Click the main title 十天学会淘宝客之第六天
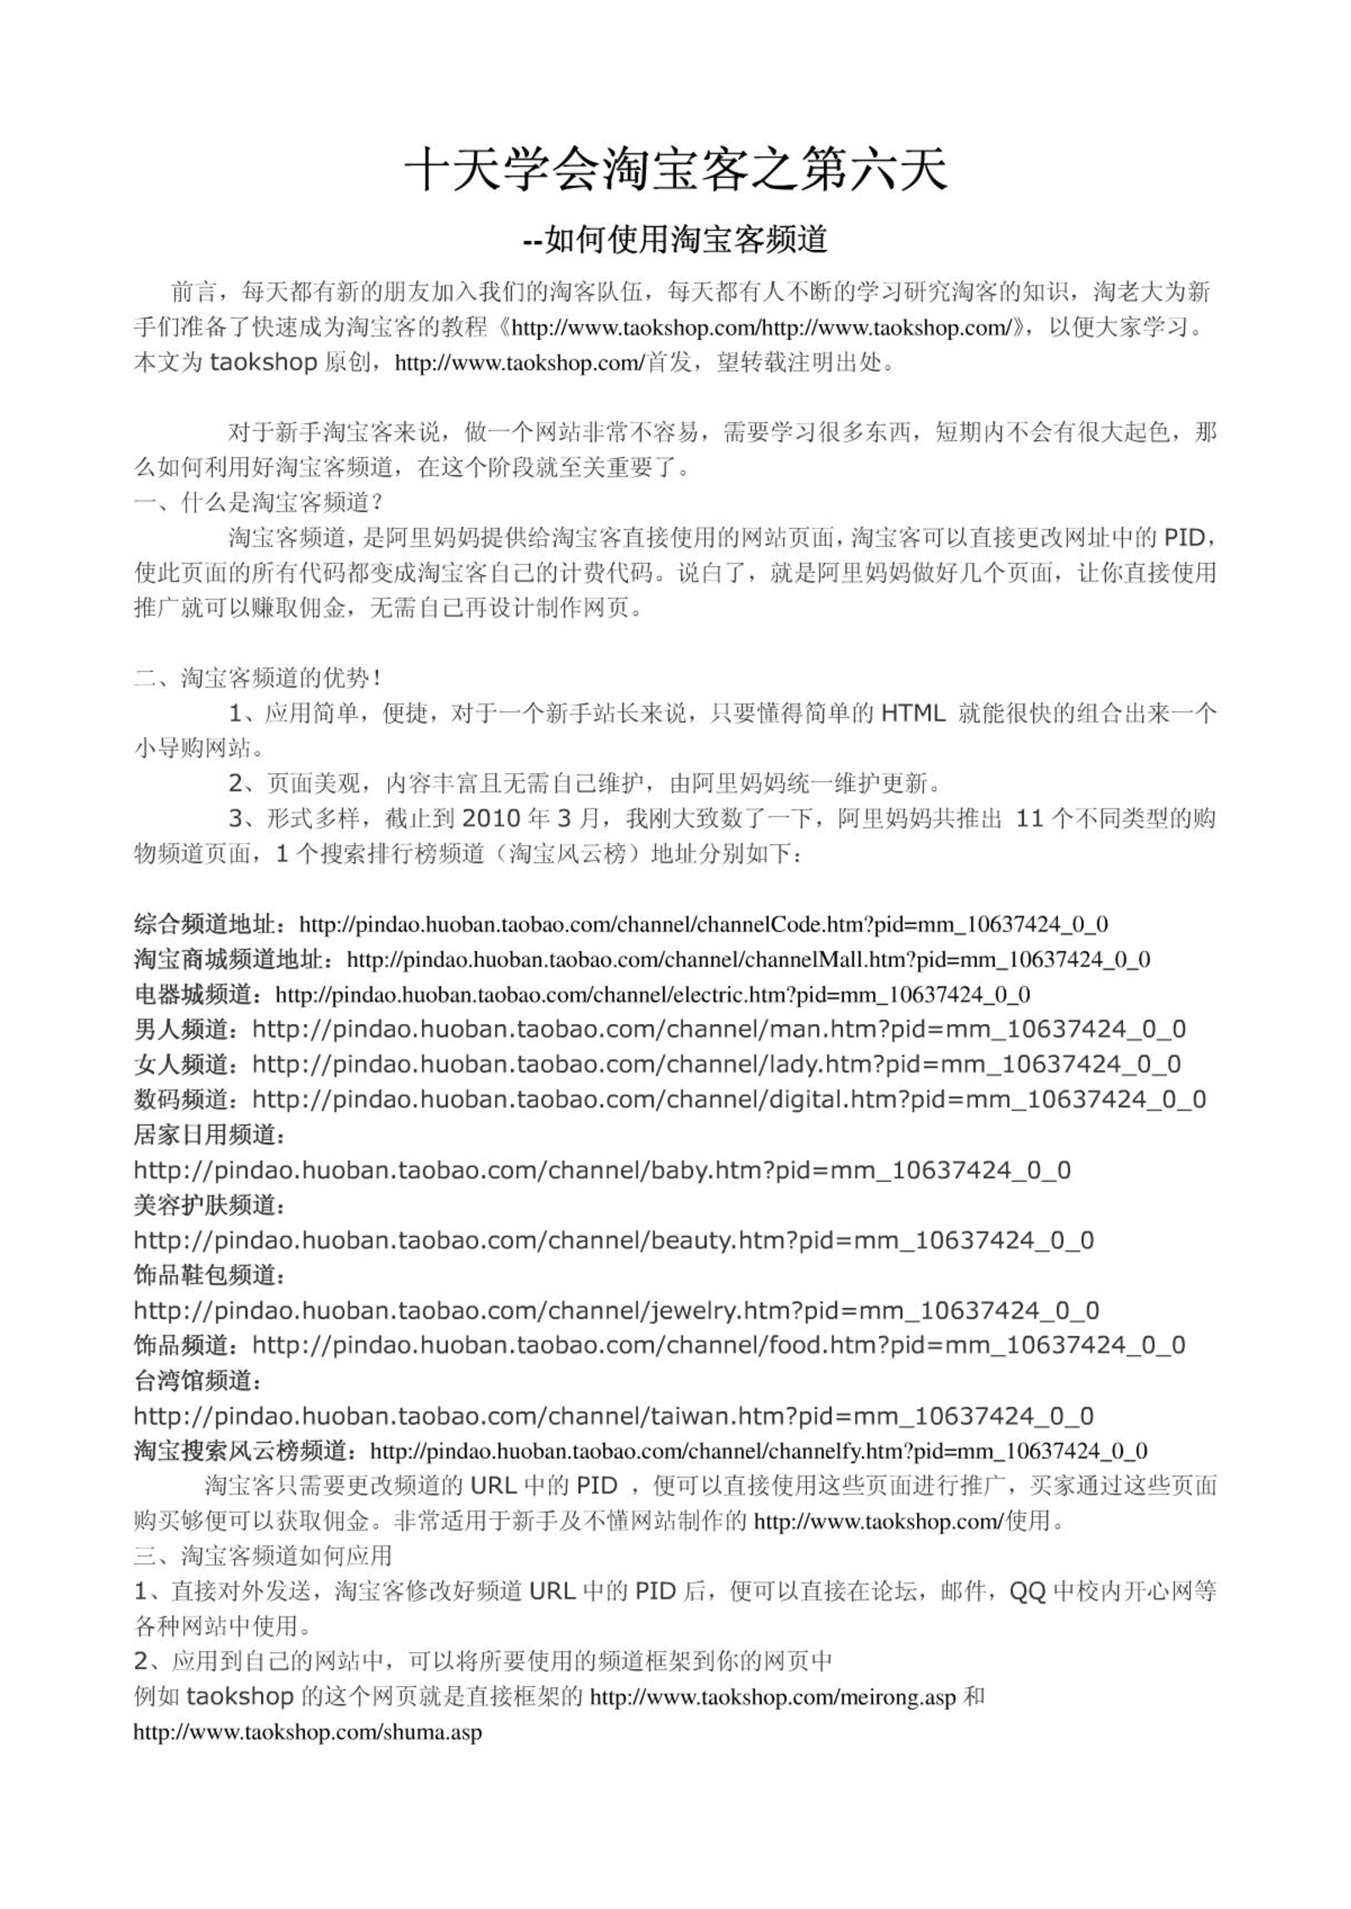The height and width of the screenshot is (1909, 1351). tap(675, 170)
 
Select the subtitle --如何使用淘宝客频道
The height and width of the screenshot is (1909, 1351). tap(675, 240)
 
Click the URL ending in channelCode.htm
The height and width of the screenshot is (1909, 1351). tap(703, 924)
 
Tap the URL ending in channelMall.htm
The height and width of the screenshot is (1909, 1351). tap(748, 960)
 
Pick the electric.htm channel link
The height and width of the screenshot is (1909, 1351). tap(653, 994)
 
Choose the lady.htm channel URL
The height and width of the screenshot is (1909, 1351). tap(716, 1064)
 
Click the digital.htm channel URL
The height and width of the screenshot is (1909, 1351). tap(729, 1099)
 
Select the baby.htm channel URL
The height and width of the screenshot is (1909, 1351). tap(602, 1171)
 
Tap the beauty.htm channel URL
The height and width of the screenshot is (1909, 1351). tap(614, 1241)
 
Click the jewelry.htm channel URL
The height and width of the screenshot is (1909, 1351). tap(616, 1311)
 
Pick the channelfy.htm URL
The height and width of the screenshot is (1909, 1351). tap(759, 1451)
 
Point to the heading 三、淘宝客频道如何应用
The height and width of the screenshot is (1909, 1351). tap(263, 1556)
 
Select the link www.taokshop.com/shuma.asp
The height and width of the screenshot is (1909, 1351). tap(308, 1731)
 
